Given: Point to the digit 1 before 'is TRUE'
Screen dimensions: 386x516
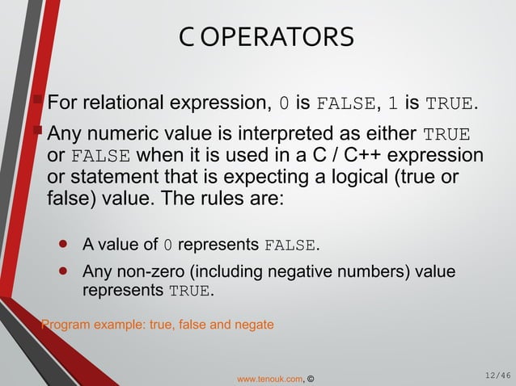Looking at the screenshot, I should click(x=392, y=103).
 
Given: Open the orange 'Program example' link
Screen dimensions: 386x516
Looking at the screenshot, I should click(x=157, y=325).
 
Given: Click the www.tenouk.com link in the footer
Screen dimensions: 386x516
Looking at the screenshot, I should click(x=269, y=377).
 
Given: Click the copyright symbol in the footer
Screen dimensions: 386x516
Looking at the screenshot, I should click(x=311, y=377).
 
